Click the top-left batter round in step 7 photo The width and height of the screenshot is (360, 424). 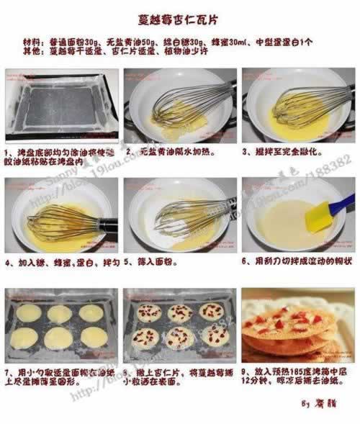point(30,312)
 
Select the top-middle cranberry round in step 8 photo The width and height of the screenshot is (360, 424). point(179,312)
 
